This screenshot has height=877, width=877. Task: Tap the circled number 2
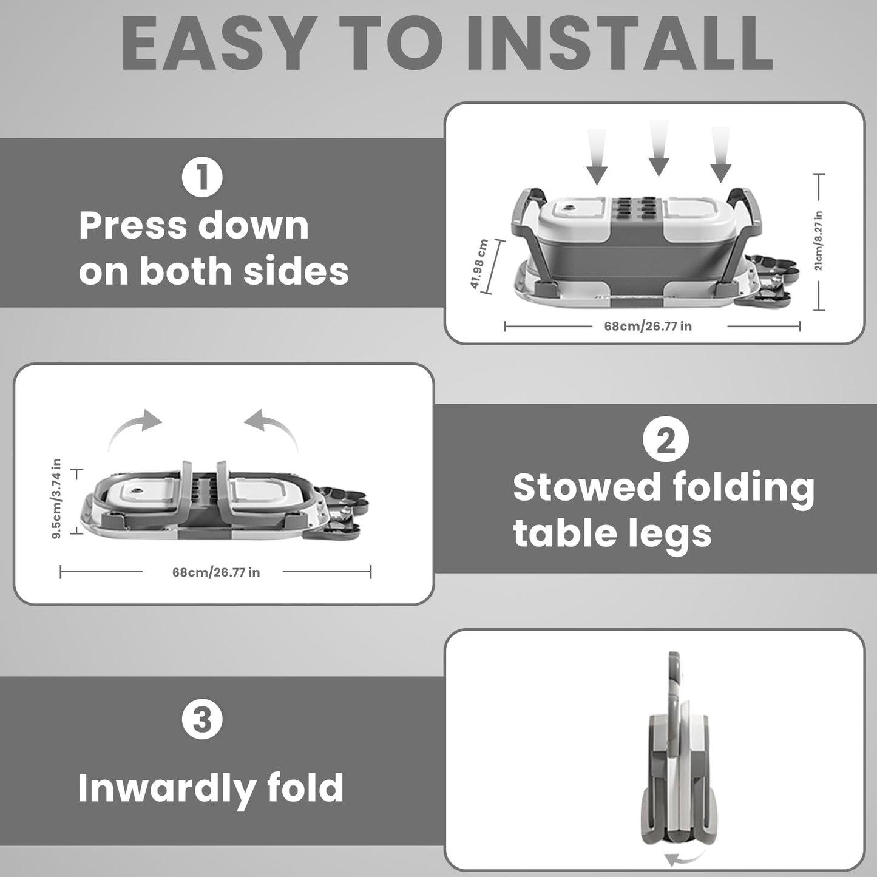666,439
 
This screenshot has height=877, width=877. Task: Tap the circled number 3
203,720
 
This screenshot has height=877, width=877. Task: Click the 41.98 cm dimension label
479,264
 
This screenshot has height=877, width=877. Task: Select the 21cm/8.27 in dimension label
818,240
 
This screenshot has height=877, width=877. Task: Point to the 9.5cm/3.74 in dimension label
56,499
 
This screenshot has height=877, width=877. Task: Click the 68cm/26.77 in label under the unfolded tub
648,326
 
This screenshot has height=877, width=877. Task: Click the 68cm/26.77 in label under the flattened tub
215,572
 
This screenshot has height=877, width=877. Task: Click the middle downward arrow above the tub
659,148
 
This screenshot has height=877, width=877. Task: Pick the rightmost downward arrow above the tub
720,155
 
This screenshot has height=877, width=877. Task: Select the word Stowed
587,488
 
